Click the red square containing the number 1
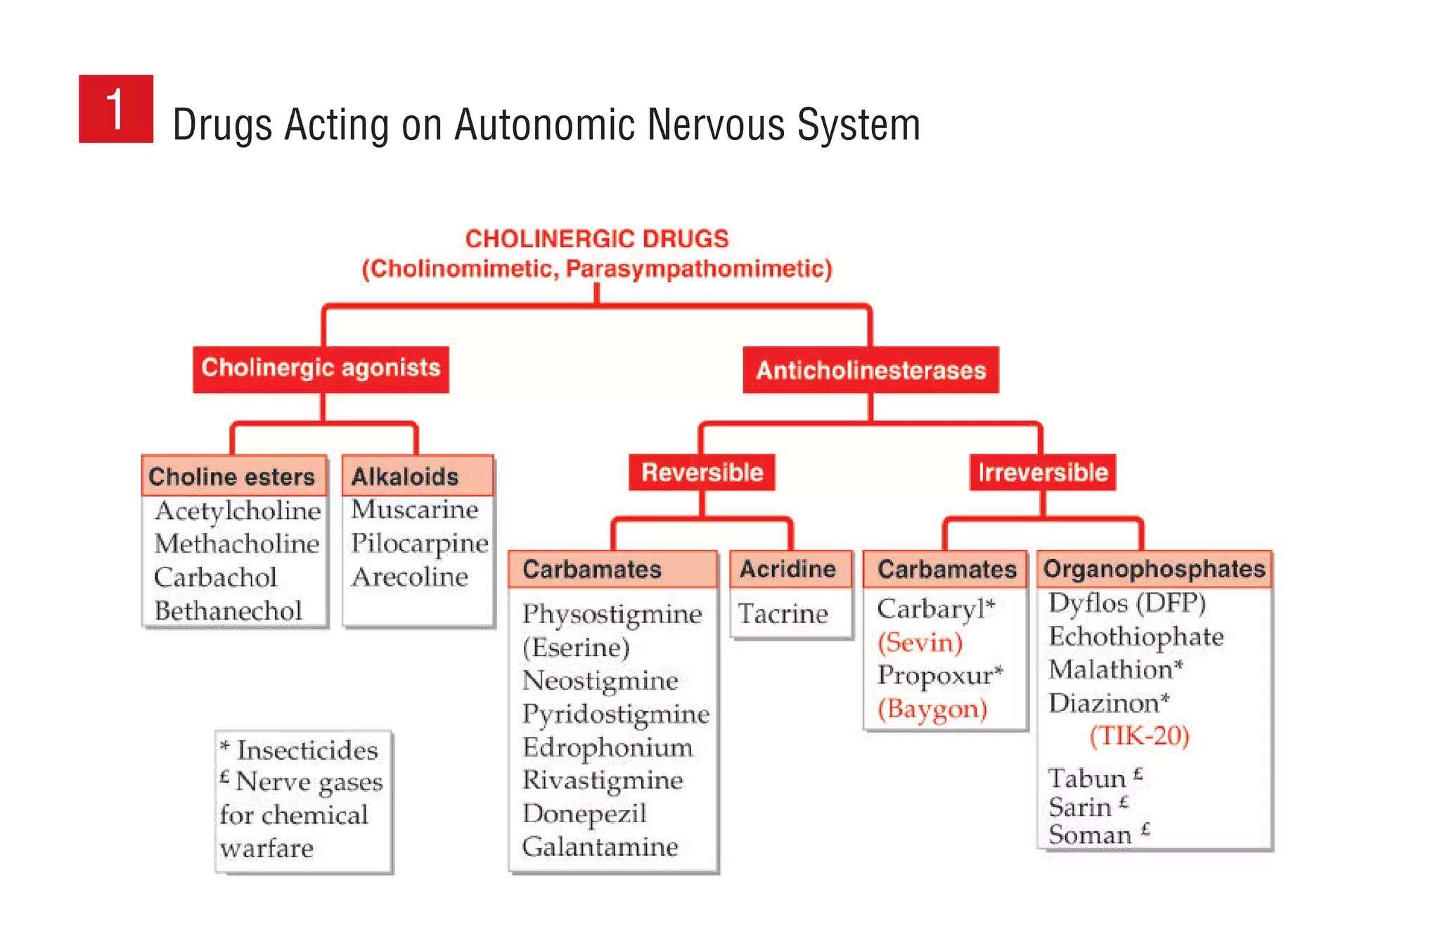pos(116,109)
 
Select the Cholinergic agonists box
pos(321,369)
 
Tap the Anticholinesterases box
pos(870,370)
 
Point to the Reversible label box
pos(702,472)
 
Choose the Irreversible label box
pos(1042,472)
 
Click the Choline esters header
pos(233,477)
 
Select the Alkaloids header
pos(406,477)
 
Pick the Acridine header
pos(788,569)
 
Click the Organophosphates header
pos(1154,569)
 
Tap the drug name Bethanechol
pos(228,610)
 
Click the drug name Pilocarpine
pos(420,543)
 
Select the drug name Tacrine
pos(783,614)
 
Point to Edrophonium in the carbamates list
pos(607,747)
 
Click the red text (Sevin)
pos(920,642)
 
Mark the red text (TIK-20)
pos(1139,736)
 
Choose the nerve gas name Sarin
pos(1080,807)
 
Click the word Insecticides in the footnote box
pos(307,750)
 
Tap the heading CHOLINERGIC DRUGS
pos(597,239)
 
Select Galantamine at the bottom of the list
pos(600,847)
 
